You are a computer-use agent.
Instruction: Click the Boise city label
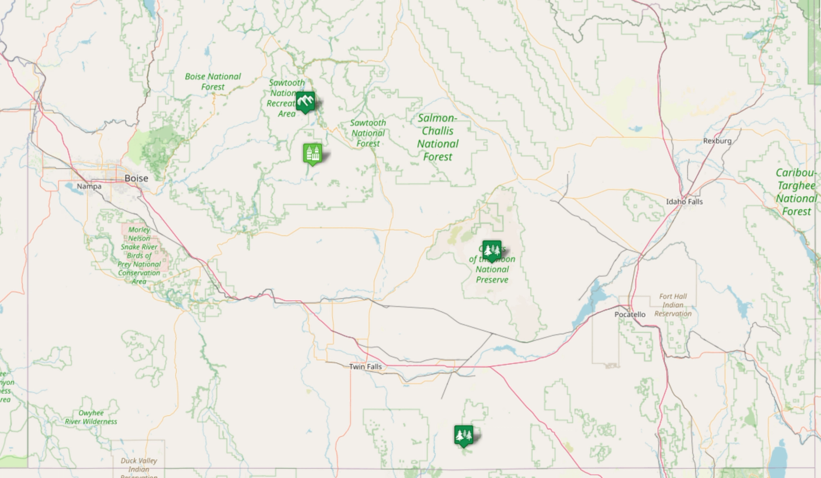136,178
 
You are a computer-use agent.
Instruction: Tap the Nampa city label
89,186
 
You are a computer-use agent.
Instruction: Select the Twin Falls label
365,367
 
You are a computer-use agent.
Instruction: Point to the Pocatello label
630,314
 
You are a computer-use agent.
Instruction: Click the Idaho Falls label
684,202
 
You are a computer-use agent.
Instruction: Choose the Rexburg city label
717,141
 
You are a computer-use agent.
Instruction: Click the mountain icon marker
305,102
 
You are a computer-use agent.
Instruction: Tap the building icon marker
313,154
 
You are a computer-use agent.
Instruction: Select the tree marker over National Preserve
492,250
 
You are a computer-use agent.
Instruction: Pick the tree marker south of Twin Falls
464,435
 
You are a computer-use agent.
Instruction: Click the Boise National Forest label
213,82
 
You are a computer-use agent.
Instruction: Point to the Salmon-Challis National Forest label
438,137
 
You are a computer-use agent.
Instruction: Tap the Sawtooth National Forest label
368,133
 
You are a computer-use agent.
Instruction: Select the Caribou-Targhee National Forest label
796,192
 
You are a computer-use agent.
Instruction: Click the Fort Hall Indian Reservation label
673,305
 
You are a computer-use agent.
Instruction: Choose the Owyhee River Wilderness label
91,417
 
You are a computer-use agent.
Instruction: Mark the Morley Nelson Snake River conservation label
139,255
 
